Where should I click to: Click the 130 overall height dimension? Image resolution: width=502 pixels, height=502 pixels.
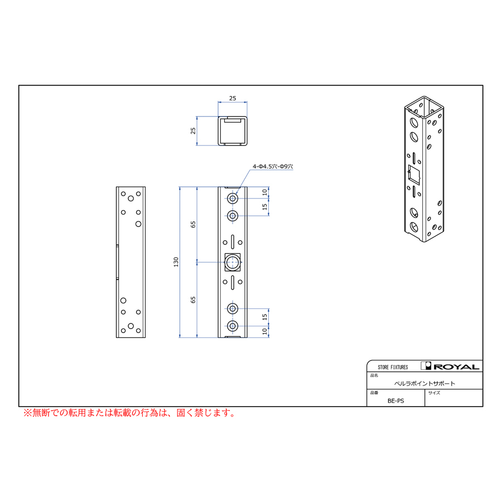pos(176,262)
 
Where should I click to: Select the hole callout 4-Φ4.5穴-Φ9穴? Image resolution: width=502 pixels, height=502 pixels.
pos(273,166)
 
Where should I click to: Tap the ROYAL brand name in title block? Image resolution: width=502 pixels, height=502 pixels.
pos(456,366)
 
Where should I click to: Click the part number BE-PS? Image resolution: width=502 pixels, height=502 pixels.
pos(395,400)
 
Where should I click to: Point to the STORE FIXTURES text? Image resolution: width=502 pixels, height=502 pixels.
pos(393,367)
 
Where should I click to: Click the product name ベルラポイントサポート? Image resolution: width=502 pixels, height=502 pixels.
pos(424,383)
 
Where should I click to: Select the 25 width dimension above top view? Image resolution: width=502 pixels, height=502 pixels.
pos(233,98)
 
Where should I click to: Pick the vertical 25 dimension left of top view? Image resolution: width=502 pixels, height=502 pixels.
pos(193,131)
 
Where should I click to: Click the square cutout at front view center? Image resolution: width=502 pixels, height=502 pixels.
pos(233,262)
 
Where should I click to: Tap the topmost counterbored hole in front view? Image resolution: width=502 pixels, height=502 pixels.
pos(233,199)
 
